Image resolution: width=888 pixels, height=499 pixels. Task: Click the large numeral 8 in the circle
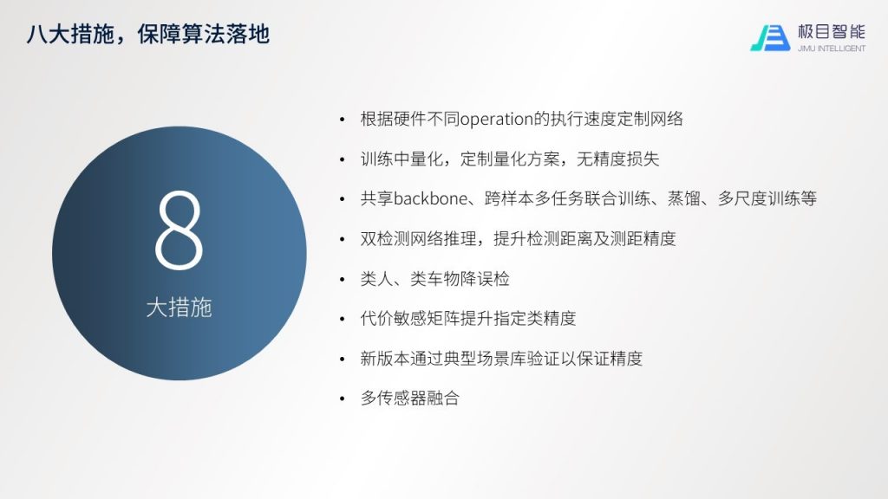point(179,230)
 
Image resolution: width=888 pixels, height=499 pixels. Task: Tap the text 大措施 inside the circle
point(179,308)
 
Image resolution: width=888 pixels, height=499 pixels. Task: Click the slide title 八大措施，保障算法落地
point(147,34)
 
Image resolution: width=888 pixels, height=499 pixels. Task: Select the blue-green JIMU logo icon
point(770,38)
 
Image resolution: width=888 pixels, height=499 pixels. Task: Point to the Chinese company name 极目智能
point(832,31)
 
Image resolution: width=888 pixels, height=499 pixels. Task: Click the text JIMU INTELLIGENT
point(832,49)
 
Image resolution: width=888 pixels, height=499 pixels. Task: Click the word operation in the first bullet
point(497,120)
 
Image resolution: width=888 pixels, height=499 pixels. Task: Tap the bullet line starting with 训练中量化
point(510,159)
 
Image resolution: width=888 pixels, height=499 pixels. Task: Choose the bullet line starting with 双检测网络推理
point(519,239)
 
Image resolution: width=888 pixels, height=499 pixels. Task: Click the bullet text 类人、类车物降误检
point(435,279)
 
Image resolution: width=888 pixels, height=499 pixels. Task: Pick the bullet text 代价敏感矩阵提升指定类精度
point(467,319)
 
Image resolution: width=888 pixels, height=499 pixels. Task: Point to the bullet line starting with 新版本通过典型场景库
point(501,359)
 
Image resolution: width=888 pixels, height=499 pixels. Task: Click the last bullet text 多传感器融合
point(409,399)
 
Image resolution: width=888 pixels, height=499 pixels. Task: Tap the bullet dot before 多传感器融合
point(342,399)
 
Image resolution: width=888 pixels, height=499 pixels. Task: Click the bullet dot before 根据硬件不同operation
point(342,120)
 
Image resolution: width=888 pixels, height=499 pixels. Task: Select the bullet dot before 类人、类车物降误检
point(342,280)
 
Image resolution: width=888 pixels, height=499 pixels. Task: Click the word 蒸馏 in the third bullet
point(684,198)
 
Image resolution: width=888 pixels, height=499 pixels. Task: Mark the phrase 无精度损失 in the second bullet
point(617,159)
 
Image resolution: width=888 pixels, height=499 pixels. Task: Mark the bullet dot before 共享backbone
point(342,200)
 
